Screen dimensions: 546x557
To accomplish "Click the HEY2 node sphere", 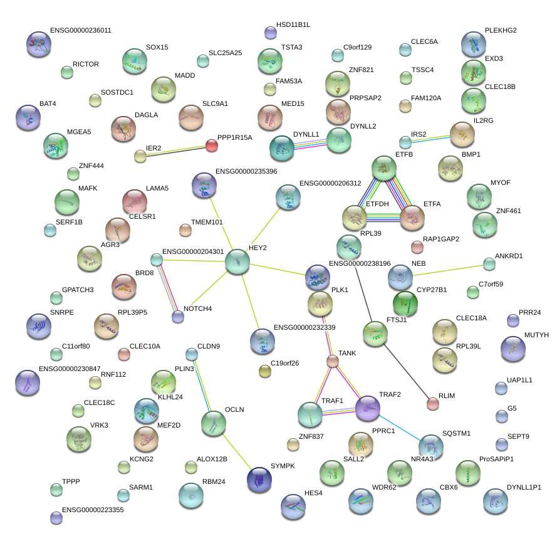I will [x=237, y=261].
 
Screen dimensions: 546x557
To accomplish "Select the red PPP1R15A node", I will [x=212, y=146].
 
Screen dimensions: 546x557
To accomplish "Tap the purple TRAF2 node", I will [x=368, y=409].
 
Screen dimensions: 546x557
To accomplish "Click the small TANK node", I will [x=333, y=361].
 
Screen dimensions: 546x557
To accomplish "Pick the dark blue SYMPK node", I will [x=259, y=480].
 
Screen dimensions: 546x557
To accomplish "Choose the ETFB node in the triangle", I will [x=384, y=168].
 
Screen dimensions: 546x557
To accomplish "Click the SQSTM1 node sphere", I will [x=431, y=446].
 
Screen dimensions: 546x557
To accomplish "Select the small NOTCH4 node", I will [x=178, y=317].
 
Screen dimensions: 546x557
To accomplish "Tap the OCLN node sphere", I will [x=214, y=424].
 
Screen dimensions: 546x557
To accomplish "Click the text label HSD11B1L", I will [x=293, y=24].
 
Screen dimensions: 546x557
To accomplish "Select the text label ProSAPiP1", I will [x=496, y=459].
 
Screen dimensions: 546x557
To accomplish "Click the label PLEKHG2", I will [x=501, y=30].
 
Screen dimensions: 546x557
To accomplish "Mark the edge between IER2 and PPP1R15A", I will [x=176, y=151].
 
